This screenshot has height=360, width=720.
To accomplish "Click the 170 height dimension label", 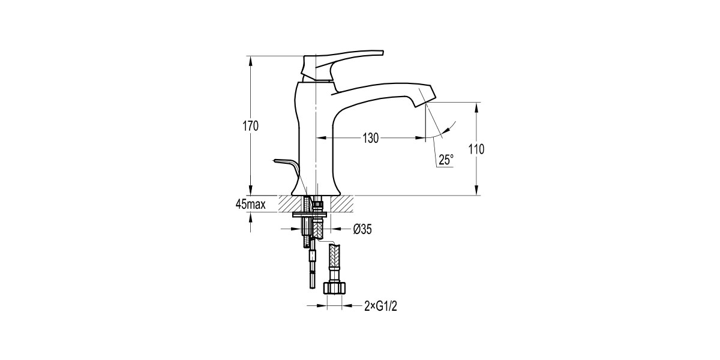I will coord(251,126).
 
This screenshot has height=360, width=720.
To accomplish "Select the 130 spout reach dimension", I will coord(370,138).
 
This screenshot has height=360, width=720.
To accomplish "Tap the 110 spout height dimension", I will coord(477,149).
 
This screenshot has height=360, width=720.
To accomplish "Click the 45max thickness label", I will coord(251,205).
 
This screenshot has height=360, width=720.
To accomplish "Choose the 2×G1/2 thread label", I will coord(381,306).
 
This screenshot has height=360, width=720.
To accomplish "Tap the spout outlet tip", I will coord(424,102).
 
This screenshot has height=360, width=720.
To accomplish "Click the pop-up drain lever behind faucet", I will coord(286,163).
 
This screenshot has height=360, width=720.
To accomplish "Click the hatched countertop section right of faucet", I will coord(340,203).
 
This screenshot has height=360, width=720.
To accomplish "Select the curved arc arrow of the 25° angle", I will coord(448,128).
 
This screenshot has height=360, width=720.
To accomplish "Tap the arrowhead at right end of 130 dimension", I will coord(421,138).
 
